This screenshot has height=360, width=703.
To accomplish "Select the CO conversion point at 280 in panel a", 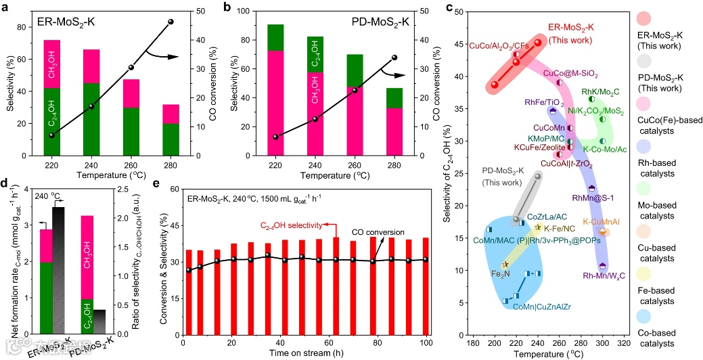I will pyautogui.click(x=171, y=22).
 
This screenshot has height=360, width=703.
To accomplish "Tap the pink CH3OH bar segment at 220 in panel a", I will pyautogui.click(x=52, y=64).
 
